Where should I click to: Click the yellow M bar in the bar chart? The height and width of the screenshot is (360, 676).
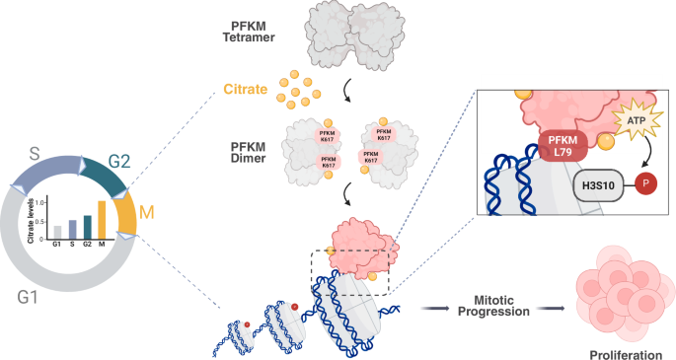(x=101, y=220)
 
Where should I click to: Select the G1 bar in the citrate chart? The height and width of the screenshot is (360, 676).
(x=58, y=232)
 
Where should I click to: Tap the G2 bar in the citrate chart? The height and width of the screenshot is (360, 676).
(x=87, y=227)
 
